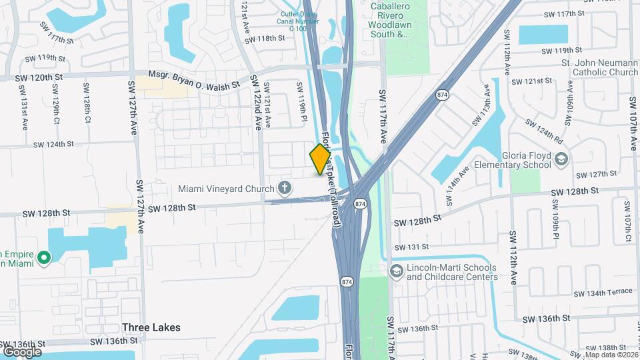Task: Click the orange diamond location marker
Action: click(321, 159)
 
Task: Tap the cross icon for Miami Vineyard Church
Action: click(285, 188)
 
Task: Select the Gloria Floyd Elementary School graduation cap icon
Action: click(561, 158)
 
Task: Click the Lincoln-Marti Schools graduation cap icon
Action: click(397, 271)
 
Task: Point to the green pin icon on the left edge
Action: click(44, 257)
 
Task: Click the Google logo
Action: click(21, 351)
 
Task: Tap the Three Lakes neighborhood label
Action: click(151, 327)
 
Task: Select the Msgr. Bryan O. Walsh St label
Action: click(194, 81)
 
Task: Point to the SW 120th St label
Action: click(34, 78)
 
